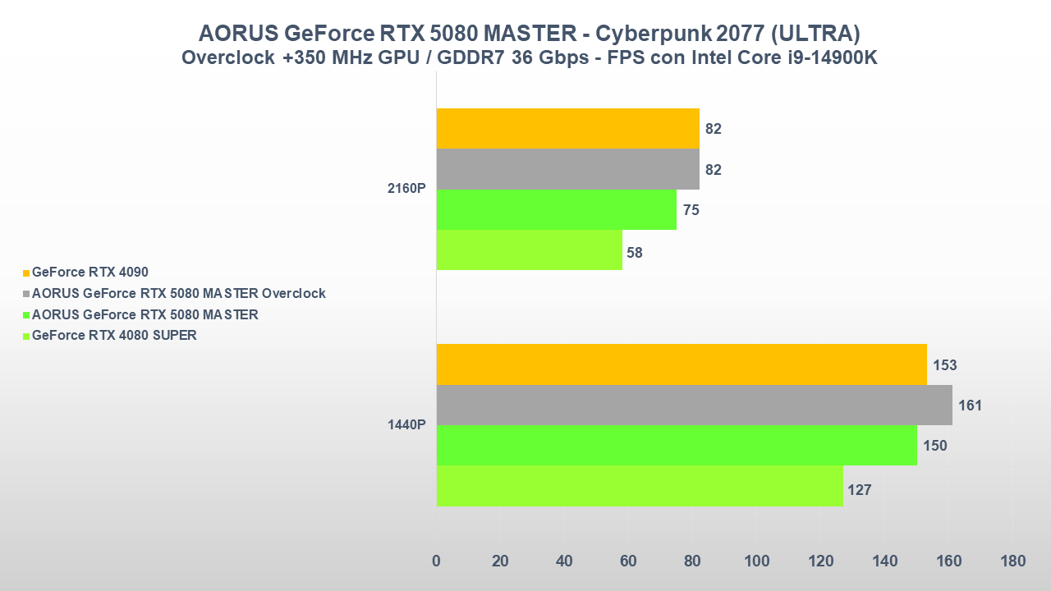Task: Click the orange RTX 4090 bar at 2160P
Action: (x=567, y=128)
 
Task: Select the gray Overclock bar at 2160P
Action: (x=567, y=169)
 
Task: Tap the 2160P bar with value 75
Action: (x=556, y=209)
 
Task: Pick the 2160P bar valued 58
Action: (x=529, y=250)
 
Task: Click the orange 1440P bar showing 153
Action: (x=682, y=364)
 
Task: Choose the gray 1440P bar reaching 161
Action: (x=694, y=405)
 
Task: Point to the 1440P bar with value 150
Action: (x=677, y=445)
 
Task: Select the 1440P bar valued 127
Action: (x=640, y=486)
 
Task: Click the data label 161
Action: (x=970, y=405)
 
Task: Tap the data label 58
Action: (x=634, y=253)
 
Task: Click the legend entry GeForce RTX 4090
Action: (x=89, y=272)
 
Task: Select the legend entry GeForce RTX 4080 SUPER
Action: (x=114, y=335)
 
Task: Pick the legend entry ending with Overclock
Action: (x=178, y=293)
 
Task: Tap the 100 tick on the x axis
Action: (x=756, y=561)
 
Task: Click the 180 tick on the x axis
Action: (x=1013, y=561)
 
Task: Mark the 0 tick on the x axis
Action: (x=436, y=561)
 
